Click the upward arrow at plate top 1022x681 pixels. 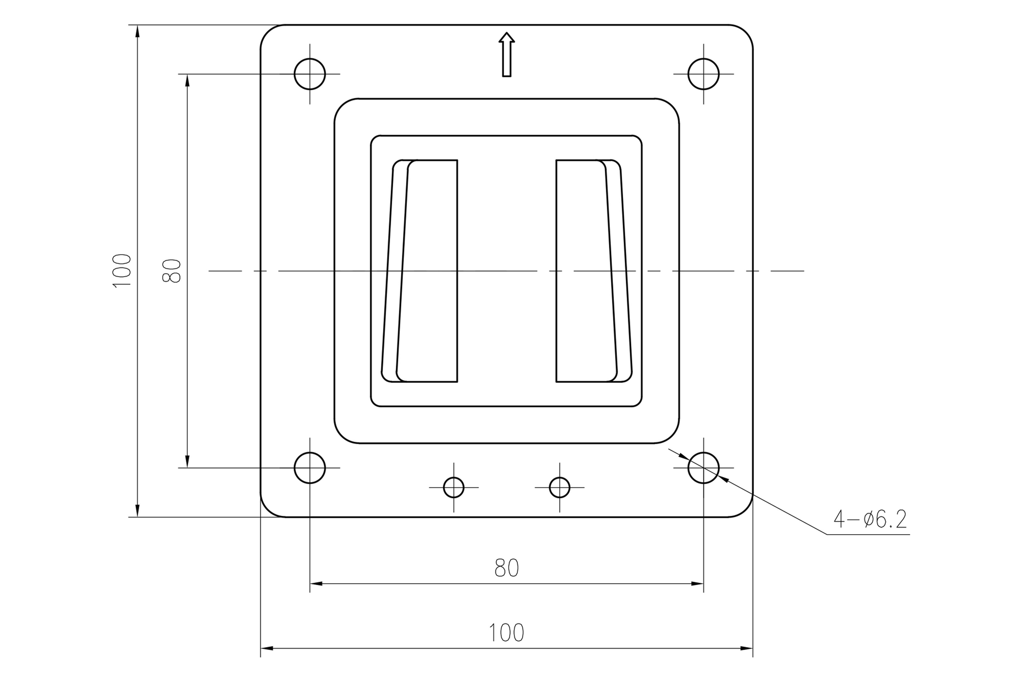(x=506, y=54)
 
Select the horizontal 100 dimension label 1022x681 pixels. (x=506, y=633)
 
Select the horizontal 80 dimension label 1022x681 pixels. (x=506, y=568)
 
